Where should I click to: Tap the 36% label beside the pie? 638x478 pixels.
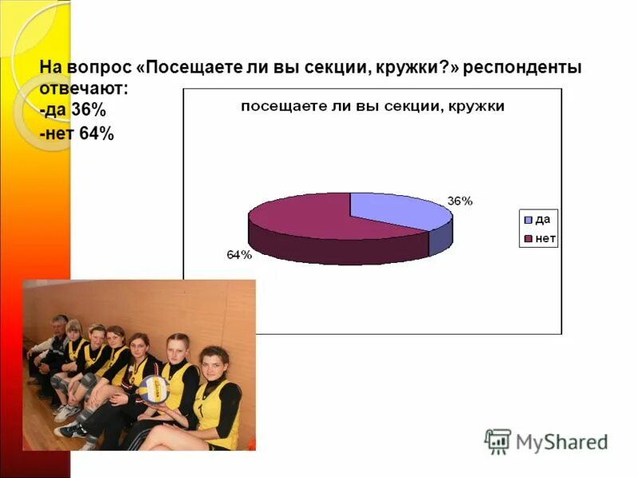tap(459, 201)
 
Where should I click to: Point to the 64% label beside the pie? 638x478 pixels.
tap(239, 255)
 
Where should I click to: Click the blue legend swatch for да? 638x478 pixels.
tap(527, 219)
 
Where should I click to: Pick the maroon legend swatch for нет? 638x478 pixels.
tap(527, 238)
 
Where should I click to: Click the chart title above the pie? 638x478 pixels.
tap(372, 107)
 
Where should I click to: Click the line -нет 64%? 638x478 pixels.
tap(77, 134)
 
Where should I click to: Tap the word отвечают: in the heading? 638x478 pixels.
tap(83, 89)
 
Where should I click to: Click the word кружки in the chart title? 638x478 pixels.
tap(477, 107)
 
